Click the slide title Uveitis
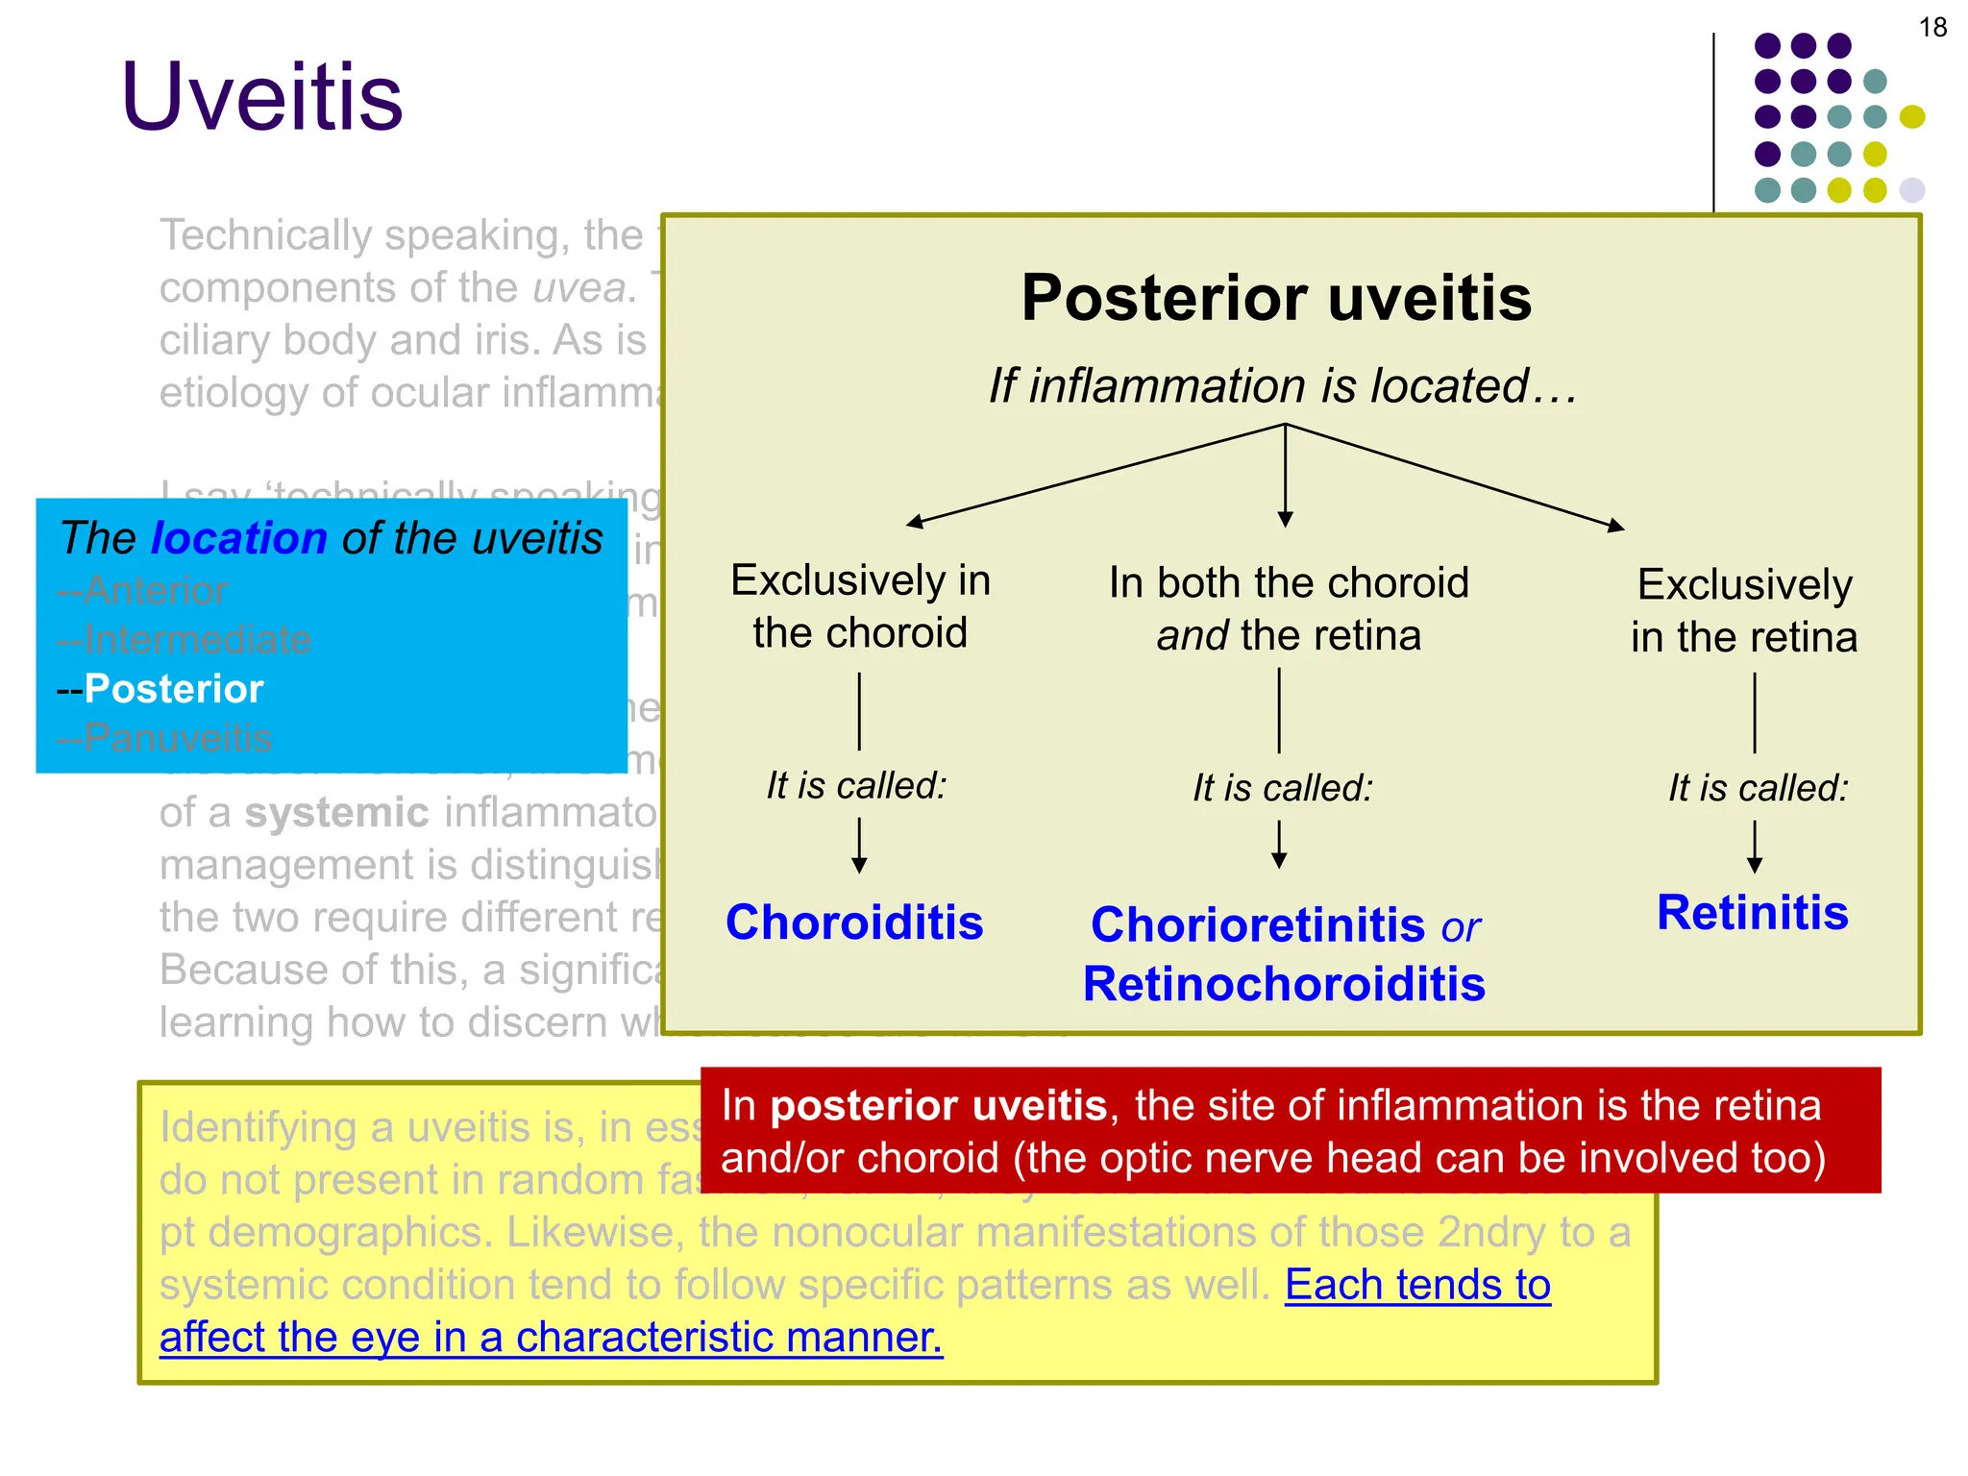tap(261, 97)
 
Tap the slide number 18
tap(1932, 28)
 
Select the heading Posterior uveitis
tap(1275, 298)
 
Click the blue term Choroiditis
tap(854, 922)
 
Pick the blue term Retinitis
tap(1752, 913)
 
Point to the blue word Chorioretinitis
tap(1258, 925)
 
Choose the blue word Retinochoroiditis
tap(1284, 985)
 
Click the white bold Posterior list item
tap(173, 689)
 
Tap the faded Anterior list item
tap(154, 590)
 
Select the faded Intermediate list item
tap(196, 640)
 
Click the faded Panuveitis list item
tap(177, 738)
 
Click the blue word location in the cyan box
tap(239, 538)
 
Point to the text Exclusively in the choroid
tap(860, 606)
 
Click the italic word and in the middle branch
tap(1192, 636)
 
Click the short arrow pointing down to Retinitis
tap(1755, 846)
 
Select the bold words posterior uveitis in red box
tap(938, 1106)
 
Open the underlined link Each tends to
tap(1417, 1285)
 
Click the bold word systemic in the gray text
tap(336, 813)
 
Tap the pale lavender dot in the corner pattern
tap(1912, 189)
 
